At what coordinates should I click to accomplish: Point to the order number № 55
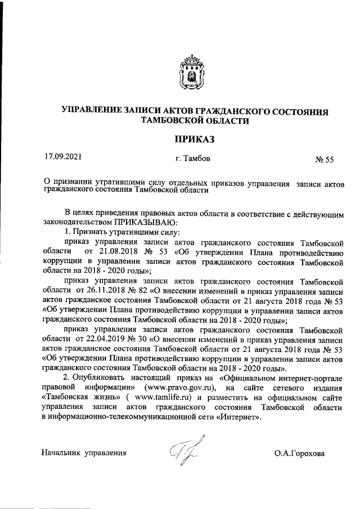(x=325, y=160)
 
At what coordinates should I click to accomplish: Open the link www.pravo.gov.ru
(x=180, y=388)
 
